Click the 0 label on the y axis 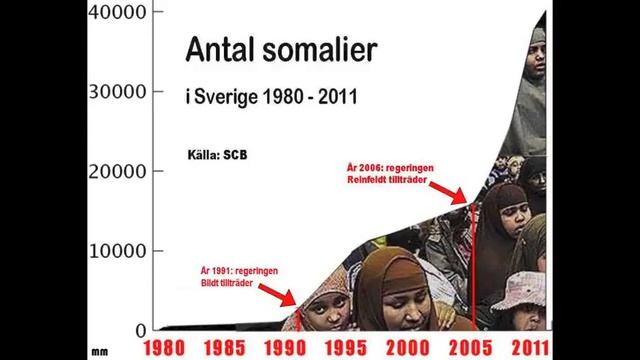(141, 329)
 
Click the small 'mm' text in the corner (99, 351)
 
